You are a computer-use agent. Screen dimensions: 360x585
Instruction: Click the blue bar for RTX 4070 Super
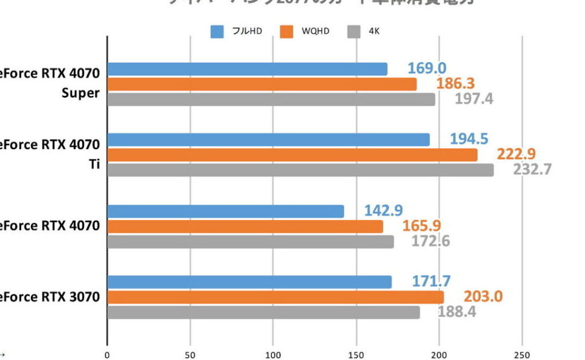click(x=247, y=69)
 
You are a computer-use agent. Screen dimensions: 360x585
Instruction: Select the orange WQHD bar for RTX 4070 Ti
click(x=292, y=155)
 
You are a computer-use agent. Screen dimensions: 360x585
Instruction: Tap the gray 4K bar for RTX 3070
click(x=263, y=313)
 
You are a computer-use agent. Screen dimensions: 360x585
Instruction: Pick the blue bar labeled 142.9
click(x=226, y=211)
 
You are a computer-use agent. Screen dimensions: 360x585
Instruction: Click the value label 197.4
click(x=474, y=99)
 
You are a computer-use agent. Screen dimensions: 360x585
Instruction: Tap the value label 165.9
click(x=422, y=226)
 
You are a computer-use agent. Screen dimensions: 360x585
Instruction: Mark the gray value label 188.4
click(x=456, y=312)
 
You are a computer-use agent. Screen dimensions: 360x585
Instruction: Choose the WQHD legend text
click(x=315, y=31)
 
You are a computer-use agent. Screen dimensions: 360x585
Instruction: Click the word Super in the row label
click(x=81, y=93)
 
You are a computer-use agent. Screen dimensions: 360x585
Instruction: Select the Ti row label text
click(x=95, y=163)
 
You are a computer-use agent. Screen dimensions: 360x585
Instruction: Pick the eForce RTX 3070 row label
click(x=50, y=297)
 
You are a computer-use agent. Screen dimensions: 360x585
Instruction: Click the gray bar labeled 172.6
click(x=250, y=242)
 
